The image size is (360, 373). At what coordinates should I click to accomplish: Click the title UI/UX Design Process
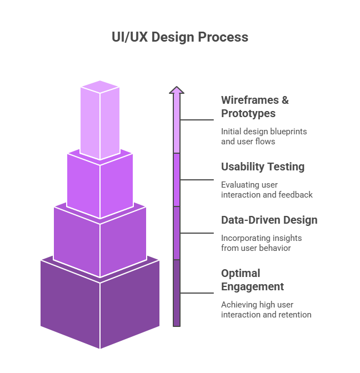pyautogui.click(x=179, y=38)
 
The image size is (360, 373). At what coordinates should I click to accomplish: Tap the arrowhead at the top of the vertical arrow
pyautogui.click(x=177, y=90)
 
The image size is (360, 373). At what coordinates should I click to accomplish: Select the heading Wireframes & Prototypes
pyautogui.click(x=255, y=107)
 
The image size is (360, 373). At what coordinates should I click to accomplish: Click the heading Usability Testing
pyautogui.click(x=263, y=167)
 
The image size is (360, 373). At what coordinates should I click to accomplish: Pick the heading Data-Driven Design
pyautogui.click(x=269, y=220)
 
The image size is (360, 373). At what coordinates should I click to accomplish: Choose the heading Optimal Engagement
pyautogui.click(x=253, y=280)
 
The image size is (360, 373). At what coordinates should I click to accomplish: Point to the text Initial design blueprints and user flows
pyautogui.click(x=264, y=137)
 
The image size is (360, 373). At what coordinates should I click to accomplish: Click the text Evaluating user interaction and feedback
pyautogui.click(x=267, y=190)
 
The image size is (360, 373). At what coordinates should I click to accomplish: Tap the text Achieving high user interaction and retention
pyautogui.click(x=266, y=310)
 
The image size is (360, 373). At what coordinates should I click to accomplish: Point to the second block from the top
pyautogui.click(x=100, y=186)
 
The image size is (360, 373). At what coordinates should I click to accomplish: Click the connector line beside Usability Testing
pyautogui.click(x=197, y=180)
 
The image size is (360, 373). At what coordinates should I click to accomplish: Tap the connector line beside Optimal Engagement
pyautogui.click(x=197, y=293)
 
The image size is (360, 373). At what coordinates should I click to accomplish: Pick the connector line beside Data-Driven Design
pyautogui.click(x=197, y=233)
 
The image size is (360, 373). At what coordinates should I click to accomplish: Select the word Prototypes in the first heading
pyautogui.click(x=248, y=113)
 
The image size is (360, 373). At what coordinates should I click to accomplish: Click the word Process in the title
pyautogui.click(x=226, y=38)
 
